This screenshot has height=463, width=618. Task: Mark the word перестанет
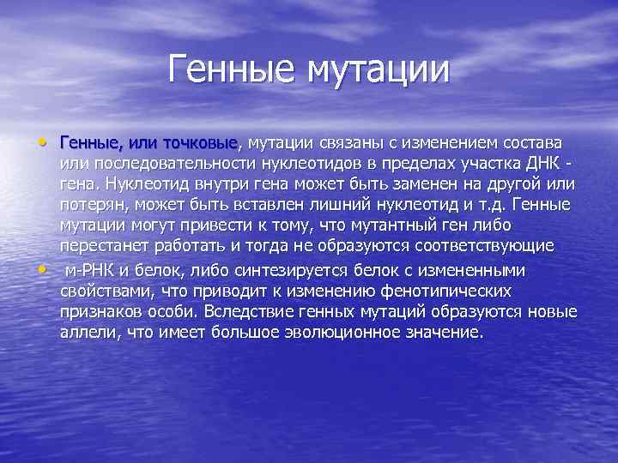[x=99, y=247]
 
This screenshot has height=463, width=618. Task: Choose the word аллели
[x=86, y=333]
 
